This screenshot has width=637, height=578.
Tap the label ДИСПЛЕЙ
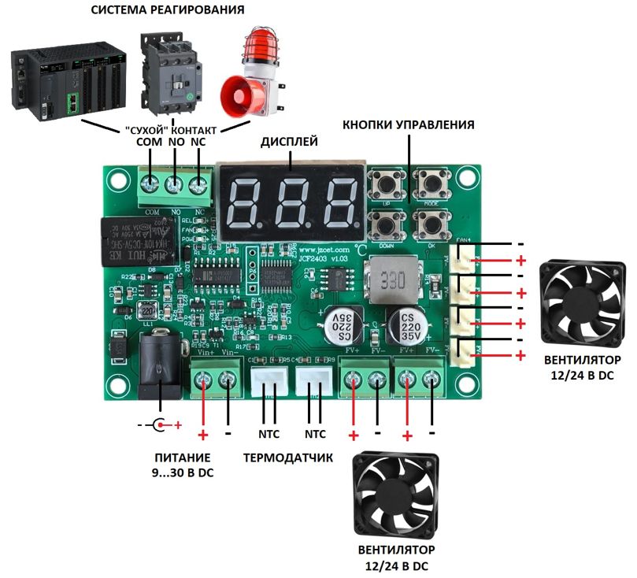(x=289, y=142)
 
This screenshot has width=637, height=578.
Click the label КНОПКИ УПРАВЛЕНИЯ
(x=408, y=125)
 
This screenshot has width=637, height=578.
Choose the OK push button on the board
(x=431, y=225)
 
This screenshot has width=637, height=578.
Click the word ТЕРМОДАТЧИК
(x=287, y=457)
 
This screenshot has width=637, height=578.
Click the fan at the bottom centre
(x=396, y=494)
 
